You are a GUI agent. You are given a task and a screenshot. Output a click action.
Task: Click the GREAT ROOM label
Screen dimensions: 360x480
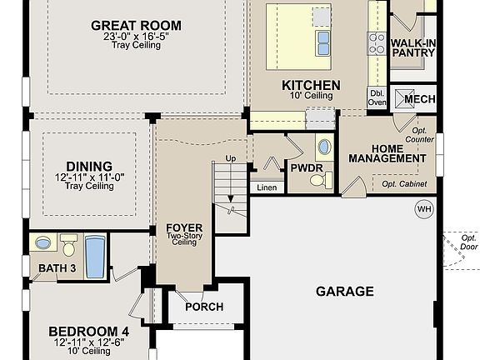tap(136, 26)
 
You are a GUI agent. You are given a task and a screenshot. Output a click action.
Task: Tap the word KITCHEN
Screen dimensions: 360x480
tap(311, 85)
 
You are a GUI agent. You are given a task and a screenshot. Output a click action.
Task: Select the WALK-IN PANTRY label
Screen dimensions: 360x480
tap(412, 47)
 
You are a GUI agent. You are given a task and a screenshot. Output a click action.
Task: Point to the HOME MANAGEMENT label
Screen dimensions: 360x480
tap(387, 153)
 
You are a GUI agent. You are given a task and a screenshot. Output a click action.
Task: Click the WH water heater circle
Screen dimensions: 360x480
tap(425, 208)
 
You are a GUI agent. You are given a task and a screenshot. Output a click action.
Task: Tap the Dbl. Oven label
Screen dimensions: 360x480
tap(377, 98)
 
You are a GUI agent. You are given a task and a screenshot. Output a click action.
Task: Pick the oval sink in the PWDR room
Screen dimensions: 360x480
tap(323, 149)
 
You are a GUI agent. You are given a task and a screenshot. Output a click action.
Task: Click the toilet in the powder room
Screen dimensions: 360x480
tap(326, 178)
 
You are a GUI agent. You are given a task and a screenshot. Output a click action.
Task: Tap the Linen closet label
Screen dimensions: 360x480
tap(267, 188)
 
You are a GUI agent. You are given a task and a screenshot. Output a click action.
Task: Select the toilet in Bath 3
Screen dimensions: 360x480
tap(69, 246)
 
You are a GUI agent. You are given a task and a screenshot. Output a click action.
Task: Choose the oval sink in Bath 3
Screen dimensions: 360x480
tap(43, 243)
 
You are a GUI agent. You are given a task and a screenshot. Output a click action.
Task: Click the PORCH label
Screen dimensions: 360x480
tap(204, 307)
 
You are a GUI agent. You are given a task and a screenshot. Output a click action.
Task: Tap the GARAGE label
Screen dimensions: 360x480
tap(344, 291)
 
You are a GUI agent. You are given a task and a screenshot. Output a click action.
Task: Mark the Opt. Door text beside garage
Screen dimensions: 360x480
tap(469, 242)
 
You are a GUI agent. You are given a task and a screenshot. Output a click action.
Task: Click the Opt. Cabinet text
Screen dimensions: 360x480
tap(404, 183)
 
